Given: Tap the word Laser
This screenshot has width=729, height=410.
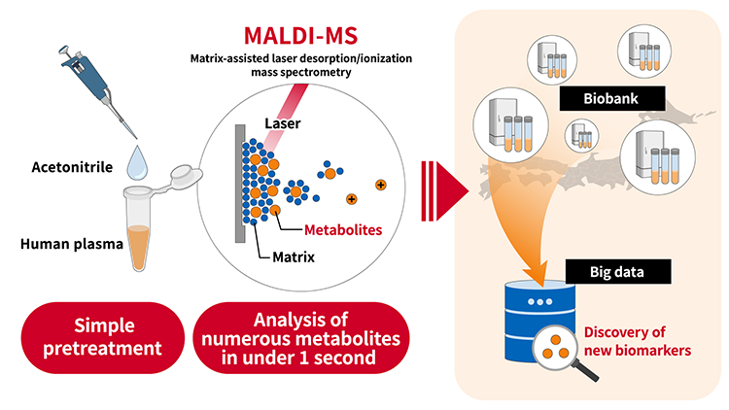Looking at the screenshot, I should pos(285,123).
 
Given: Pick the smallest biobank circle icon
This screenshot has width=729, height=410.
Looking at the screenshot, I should pos(581,136).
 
